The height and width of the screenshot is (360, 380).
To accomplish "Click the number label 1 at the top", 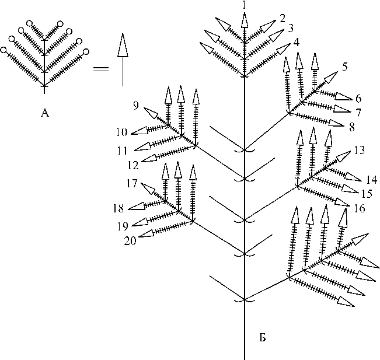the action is [244, 5].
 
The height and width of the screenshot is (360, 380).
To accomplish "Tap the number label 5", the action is [346, 66].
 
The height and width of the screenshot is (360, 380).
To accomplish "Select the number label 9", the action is [135, 106].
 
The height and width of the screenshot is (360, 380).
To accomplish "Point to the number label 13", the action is [359, 151].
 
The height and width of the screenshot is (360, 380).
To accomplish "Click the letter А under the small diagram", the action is [45, 113].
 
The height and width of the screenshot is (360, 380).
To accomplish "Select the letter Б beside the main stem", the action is [263, 338].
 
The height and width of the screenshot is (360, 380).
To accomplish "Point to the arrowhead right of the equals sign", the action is [122, 46].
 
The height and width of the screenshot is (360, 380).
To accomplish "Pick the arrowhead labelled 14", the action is [354, 176].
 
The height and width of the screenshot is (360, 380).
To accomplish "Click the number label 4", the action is [296, 42].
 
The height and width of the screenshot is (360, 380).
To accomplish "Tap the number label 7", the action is [360, 110].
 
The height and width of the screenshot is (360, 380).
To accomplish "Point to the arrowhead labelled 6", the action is [343, 97].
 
